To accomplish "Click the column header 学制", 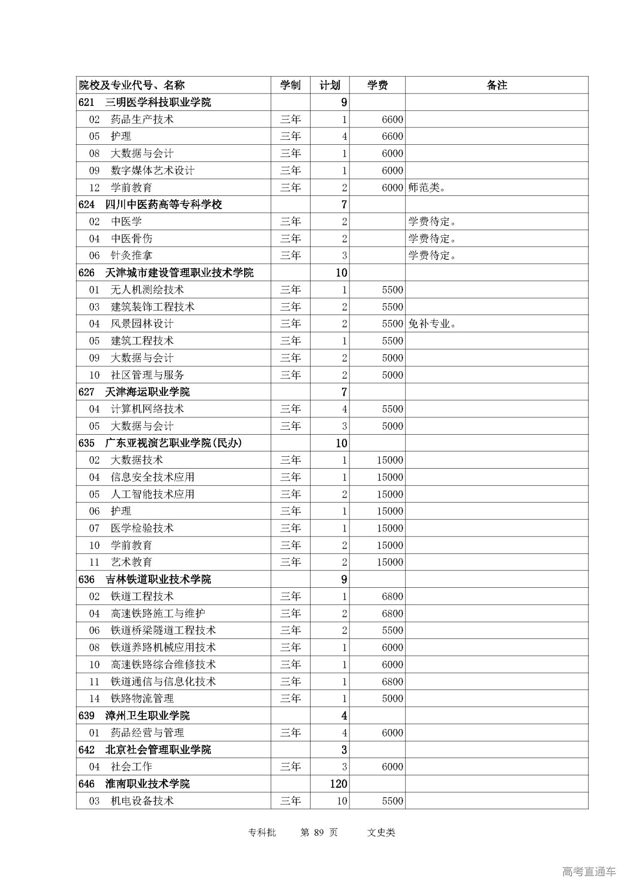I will tap(290, 85).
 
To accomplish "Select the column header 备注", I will tap(496, 85).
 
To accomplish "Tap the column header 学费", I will tap(377, 85).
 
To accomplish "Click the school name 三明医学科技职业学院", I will tap(158, 102).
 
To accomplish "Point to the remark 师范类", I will tap(426, 188).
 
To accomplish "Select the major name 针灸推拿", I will tap(131, 255).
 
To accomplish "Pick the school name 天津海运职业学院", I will tap(147, 392).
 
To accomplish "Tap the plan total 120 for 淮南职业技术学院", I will tap(339, 784).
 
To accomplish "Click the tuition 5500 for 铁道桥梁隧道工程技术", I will tap(392, 630).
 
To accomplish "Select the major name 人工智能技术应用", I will tap(153, 494).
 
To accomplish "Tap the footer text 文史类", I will tap(381, 832).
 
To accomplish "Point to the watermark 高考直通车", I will tap(589, 871).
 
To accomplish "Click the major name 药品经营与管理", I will tap(147, 732).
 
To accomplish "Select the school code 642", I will tap(86, 750).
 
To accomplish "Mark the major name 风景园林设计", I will tap(142, 324).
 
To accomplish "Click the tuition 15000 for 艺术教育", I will tap(390, 562).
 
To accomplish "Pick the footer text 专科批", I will tap(262, 832).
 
